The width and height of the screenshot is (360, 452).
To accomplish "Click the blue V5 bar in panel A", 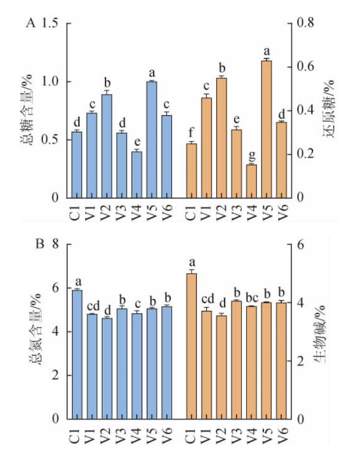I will tap(152, 140).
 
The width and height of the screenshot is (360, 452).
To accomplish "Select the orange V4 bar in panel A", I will tap(252, 181).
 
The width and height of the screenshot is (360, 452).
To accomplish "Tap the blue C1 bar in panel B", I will tap(77, 354).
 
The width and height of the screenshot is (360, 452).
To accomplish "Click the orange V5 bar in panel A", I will tap(266, 129).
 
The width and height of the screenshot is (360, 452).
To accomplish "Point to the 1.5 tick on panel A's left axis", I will tap(51, 24).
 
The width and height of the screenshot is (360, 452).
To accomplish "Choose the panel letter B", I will tap(39, 245).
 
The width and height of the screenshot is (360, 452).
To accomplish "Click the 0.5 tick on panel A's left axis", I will tap(51, 140).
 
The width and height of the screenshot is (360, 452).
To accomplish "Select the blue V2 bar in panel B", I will tap(107, 368).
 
